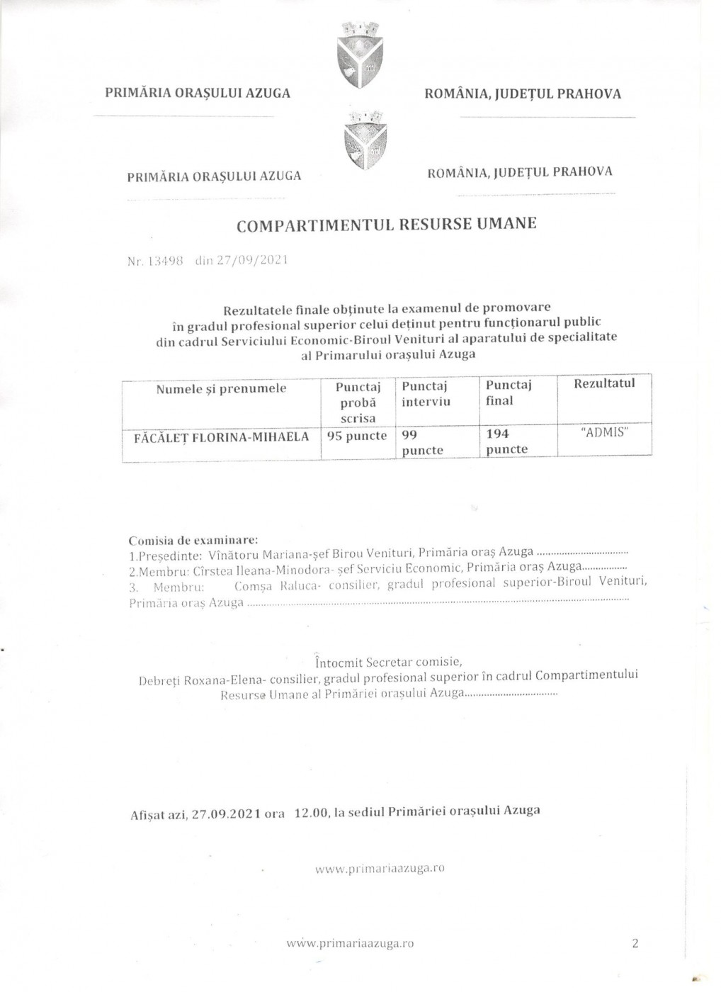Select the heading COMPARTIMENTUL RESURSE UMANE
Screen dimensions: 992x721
coord(386,225)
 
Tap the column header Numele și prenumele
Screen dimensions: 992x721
coord(221,388)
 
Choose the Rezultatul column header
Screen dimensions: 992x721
coord(604,383)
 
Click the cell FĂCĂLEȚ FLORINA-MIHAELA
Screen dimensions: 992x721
coord(221,436)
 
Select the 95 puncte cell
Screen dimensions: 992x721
coord(357,436)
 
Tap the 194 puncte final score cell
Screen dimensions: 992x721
coord(507,441)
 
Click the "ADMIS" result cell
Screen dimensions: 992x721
coord(604,432)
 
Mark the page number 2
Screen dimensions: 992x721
coord(634,943)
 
